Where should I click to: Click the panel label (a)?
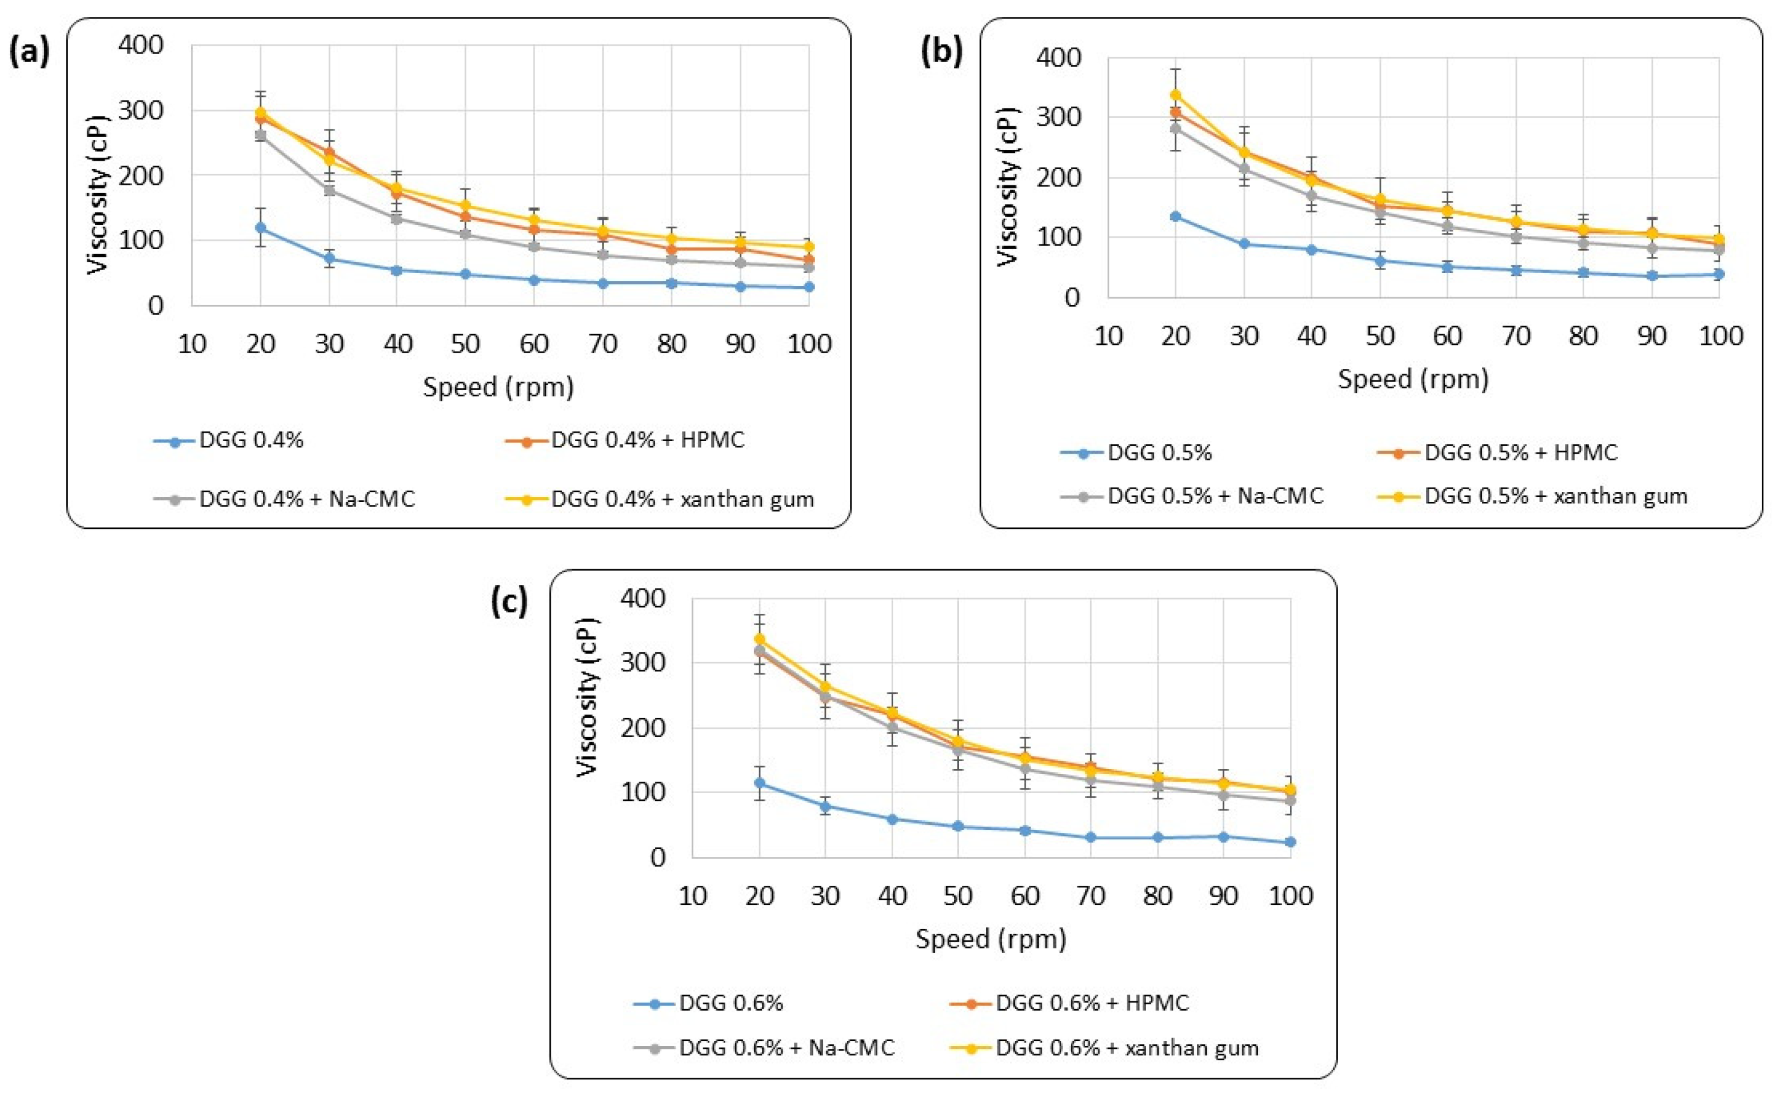29,53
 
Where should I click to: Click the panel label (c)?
509,602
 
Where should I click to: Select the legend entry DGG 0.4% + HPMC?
647,440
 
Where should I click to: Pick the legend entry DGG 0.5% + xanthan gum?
1555,496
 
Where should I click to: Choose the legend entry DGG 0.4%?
251,440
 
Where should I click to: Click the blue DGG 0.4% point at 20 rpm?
261,227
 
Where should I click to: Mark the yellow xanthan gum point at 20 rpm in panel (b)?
1176,95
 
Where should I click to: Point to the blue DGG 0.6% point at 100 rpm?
1290,842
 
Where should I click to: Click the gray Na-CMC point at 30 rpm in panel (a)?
329,190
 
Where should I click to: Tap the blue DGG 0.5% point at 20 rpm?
1176,217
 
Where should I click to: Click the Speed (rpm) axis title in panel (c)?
991,938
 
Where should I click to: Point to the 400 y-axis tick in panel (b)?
1059,58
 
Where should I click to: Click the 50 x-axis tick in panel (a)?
465,344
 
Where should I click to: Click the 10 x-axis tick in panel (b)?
1108,336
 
